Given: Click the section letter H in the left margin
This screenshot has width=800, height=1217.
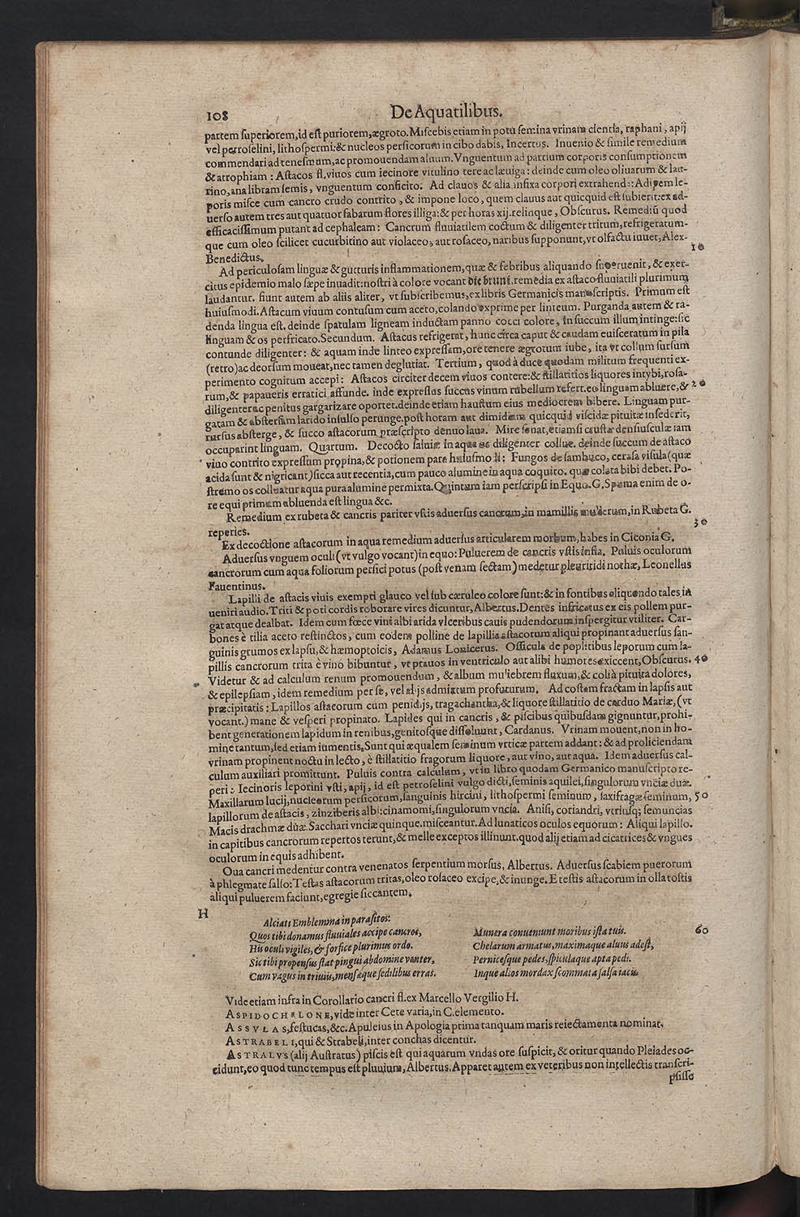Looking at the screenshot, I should coord(204,914).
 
